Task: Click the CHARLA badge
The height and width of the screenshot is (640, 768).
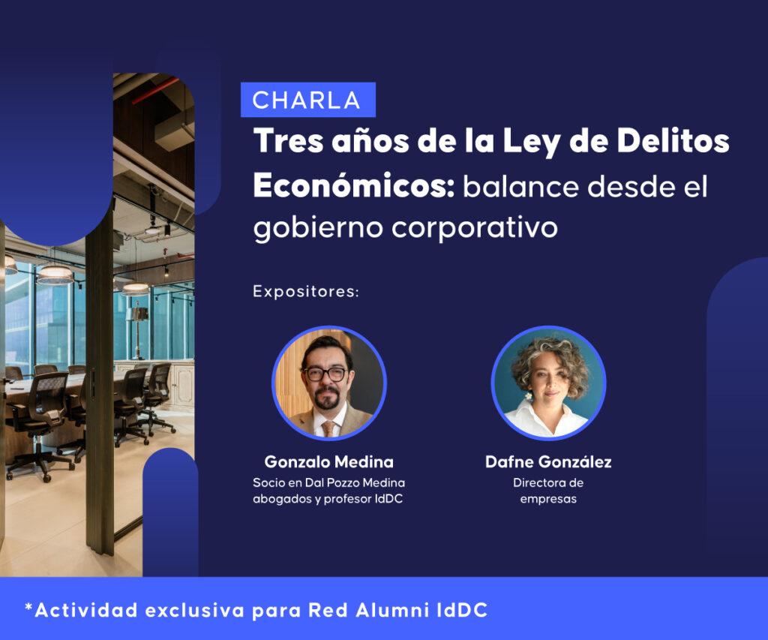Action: tap(308, 100)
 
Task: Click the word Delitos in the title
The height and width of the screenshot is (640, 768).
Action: tap(673, 141)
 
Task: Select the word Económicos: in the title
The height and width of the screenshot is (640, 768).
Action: tap(354, 185)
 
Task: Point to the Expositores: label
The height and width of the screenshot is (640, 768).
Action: tap(306, 292)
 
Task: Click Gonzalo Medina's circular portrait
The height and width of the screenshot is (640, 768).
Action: tap(329, 383)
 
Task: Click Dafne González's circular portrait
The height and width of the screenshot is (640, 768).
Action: tap(548, 383)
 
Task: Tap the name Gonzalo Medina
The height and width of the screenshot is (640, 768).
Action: tap(329, 461)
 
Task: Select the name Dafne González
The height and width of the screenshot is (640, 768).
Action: tap(548, 461)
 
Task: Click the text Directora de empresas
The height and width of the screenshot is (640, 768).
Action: tap(548, 491)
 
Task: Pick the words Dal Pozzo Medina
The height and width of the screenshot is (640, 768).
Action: tap(355, 482)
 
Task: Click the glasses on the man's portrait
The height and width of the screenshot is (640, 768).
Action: tap(325, 374)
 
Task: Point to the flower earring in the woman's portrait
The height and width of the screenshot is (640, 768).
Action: tap(529, 396)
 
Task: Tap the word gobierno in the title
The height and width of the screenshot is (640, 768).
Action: tap(318, 228)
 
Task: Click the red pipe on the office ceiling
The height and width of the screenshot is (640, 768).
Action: tap(156, 91)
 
